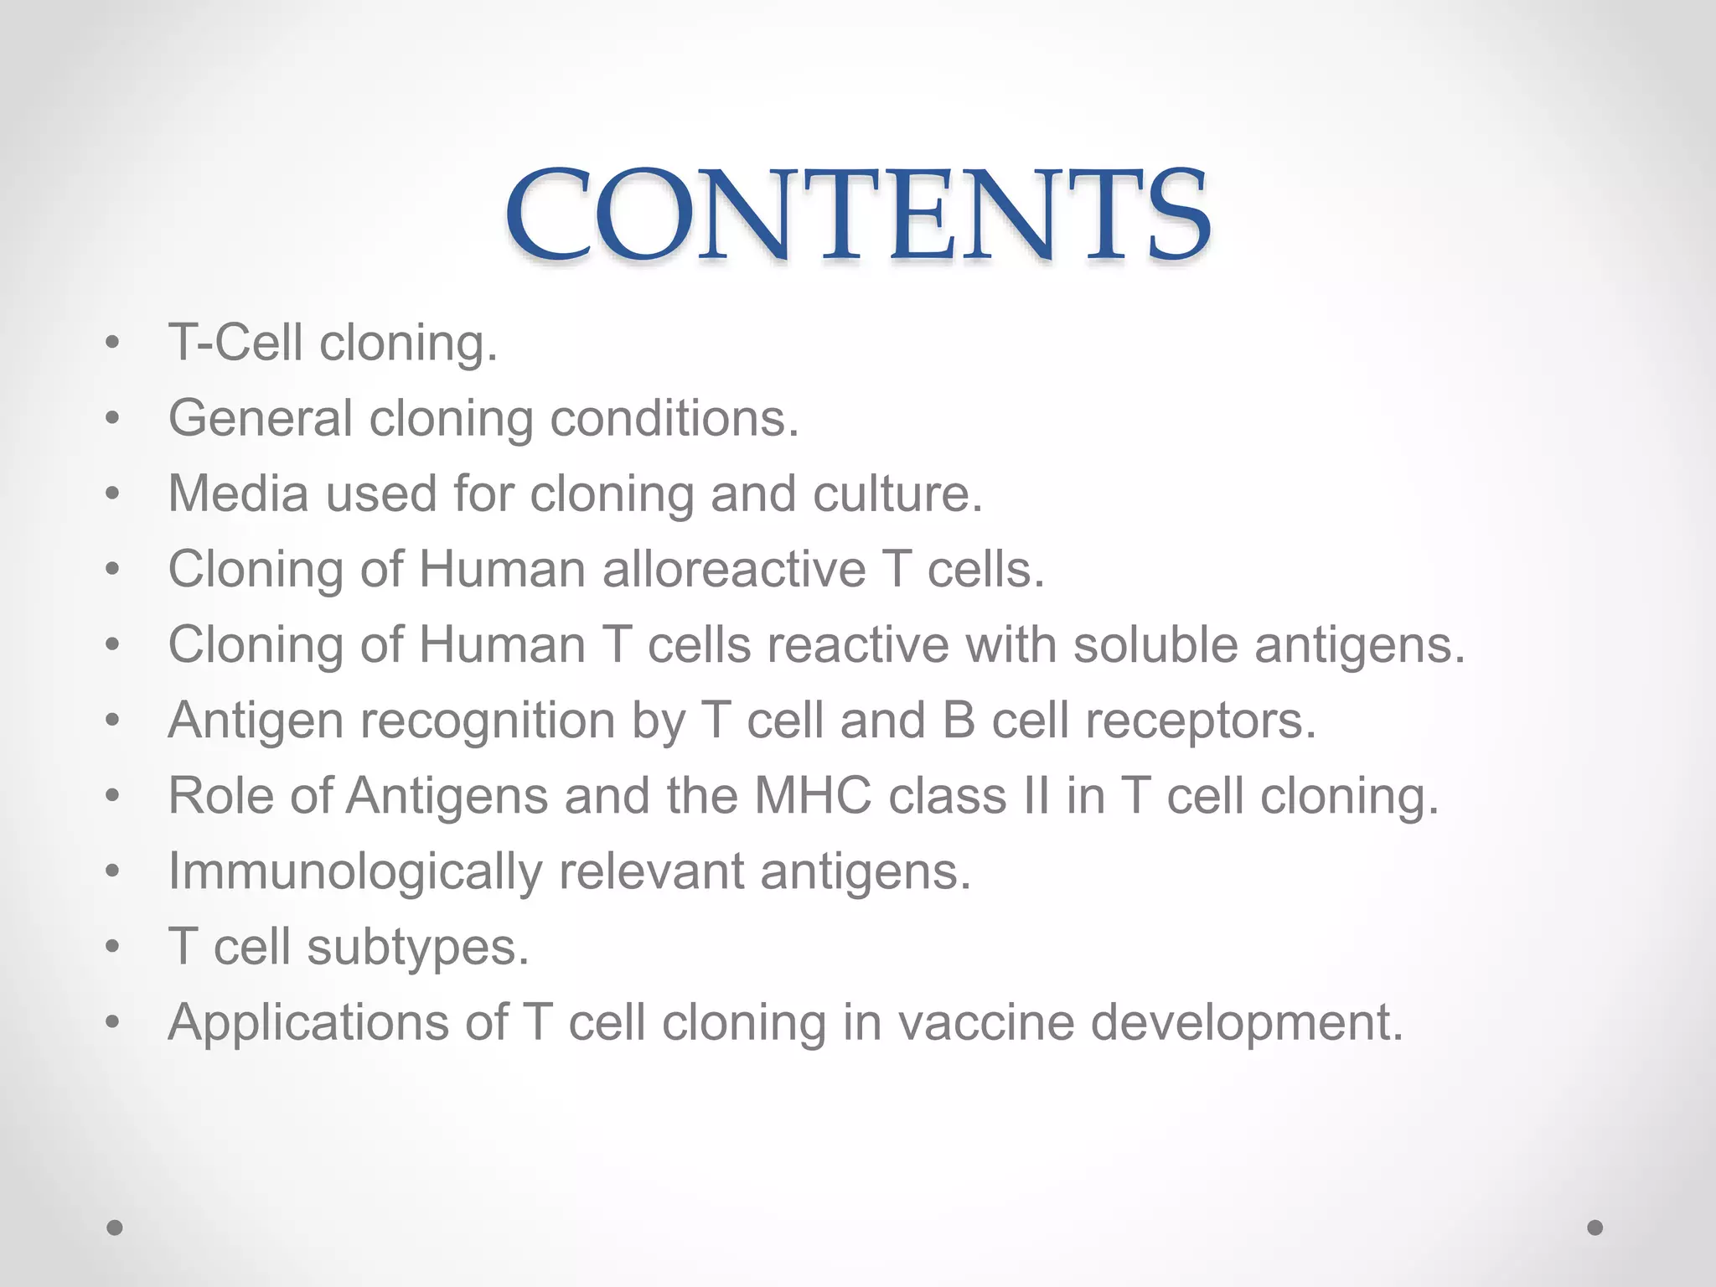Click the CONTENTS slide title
coord(857,214)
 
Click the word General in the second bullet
coord(260,418)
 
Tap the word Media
coord(238,494)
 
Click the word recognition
coord(488,721)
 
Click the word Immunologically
coord(355,871)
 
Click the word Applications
coord(308,1023)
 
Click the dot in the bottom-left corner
coord(115,1228)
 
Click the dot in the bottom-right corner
coord(1595,1228)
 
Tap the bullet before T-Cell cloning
coord(113,343)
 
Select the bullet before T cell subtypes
coord(113,947)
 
